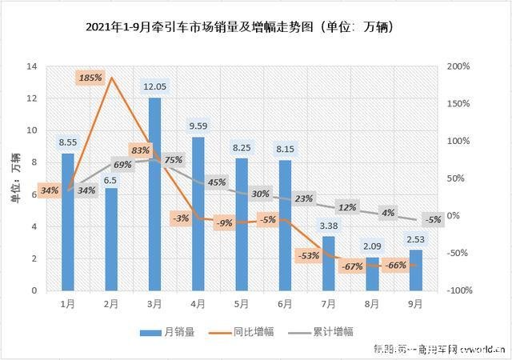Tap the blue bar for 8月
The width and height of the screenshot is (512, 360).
tap(372, 276)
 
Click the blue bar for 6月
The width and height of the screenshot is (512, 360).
tap(285, 226)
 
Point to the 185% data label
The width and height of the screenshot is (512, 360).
tap(90, 78)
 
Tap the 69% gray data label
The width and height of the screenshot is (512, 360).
tap(122, 164)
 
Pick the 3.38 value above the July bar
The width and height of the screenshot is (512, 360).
tap(329, 226)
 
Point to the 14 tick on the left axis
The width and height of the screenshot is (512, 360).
tap(34, 66)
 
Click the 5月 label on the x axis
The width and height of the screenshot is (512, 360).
tap(242, 304)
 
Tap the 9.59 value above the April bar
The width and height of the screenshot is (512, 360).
tap(198, 126)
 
